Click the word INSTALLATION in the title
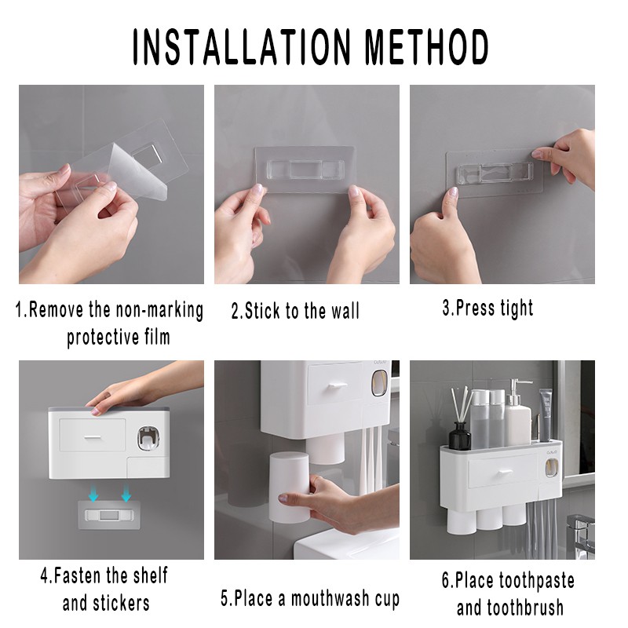(242, 46)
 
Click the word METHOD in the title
(427, 46)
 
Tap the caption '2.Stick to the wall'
(295, 311)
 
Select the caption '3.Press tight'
(487, 308)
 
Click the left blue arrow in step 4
(93, 494)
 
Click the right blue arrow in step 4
(126, 494)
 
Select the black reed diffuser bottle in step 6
(459, 436)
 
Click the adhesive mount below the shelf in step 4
(109, 515)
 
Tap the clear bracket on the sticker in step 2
(305, 170)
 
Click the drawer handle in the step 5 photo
(338, 385)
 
